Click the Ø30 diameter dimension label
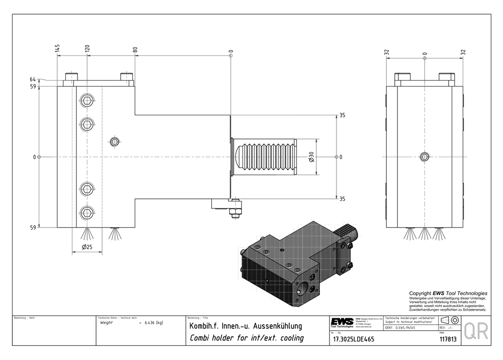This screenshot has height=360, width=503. coord(311,157)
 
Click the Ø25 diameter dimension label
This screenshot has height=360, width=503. coord(87,247)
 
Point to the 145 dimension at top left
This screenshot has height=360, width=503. coord(58,49)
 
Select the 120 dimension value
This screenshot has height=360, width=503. coord(87,49)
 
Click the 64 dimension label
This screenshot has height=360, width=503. coord(33,80)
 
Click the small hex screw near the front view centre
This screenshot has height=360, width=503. coord(115,141)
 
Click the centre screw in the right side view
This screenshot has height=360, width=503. coord(425,157)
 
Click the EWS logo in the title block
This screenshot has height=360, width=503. coord(342,322)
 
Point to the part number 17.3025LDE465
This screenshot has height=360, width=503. coord(352,339)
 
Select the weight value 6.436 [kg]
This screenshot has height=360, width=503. coord(153,322)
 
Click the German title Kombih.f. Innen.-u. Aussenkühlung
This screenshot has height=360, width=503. coord(245,326)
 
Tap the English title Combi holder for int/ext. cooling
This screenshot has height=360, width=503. coord(246,338)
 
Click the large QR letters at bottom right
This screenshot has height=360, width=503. coord(475,331)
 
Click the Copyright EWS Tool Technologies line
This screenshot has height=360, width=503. coord(448,293)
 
